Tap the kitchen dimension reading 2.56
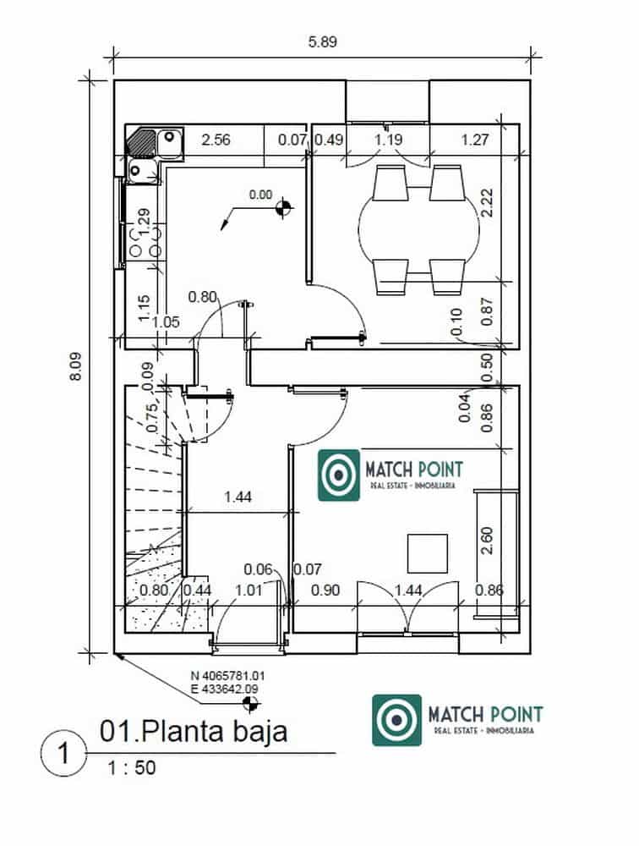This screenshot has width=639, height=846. [216, 140]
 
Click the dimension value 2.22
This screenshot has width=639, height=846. [486, 203]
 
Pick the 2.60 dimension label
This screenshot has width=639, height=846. [486, 541]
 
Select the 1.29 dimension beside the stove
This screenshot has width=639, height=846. [144, 222]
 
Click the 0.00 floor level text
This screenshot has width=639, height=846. [261, 195]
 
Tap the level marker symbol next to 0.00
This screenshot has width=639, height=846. [285, 206]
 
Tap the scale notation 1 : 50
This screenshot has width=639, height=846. [131, 769]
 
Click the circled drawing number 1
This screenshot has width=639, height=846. [62, 752]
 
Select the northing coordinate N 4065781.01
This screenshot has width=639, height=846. [228, 677]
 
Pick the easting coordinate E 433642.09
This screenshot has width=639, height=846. [225, 689]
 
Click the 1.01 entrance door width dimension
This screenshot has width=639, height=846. [248, 591]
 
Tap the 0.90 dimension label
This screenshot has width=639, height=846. [325, 591]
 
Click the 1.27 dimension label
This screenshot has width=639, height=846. [475, 140]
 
